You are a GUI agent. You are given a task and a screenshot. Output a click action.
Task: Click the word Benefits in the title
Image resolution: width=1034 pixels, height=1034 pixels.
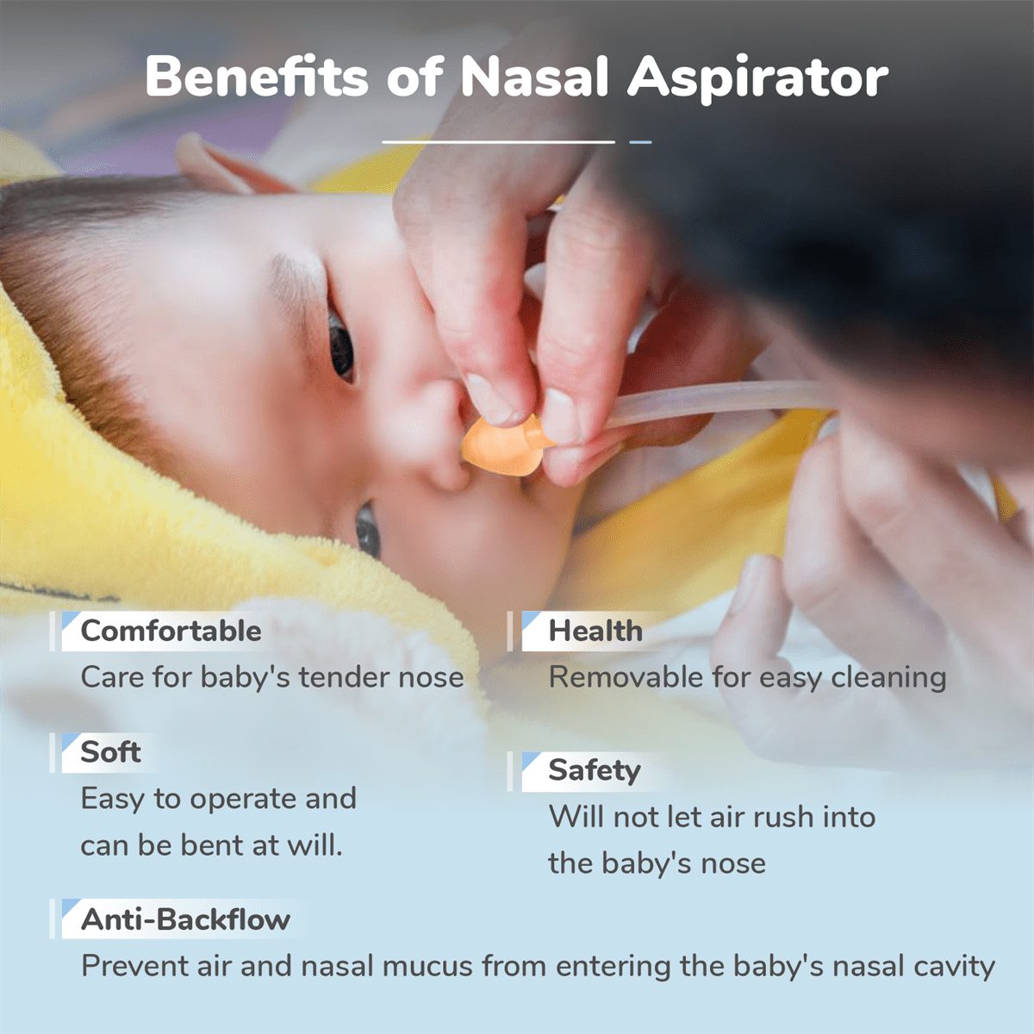[257, 76]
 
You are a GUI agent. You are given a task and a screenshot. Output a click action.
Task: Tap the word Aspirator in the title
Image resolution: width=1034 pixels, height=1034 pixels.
[757, 79]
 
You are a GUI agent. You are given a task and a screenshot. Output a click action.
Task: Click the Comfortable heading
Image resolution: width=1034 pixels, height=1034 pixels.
[171, 631]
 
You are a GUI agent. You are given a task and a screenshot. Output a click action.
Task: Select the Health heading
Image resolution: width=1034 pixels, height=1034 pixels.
[595, 631]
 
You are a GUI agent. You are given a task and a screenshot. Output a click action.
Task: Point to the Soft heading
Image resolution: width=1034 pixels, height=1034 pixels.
[110, 751]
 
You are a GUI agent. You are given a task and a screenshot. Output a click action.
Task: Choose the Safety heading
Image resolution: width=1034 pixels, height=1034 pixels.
[595, 771]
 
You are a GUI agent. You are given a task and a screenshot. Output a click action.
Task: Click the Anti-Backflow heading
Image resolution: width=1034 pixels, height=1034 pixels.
[185, 919]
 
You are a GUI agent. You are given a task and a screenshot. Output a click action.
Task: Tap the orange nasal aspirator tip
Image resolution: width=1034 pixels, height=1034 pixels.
[504, 445]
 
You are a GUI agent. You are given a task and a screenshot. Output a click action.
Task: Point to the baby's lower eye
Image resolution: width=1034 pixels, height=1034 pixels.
[368, 530]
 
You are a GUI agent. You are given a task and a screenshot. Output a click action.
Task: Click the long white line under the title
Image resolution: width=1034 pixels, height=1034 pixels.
[499, 142]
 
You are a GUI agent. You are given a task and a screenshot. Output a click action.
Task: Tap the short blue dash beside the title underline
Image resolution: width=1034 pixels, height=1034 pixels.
[640, 142]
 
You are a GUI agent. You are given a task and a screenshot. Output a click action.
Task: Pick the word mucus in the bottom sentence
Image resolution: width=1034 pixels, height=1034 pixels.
[426, 967]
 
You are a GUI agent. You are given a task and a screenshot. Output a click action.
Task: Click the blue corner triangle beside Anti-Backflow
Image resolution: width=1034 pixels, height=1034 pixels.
[69, 906]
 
